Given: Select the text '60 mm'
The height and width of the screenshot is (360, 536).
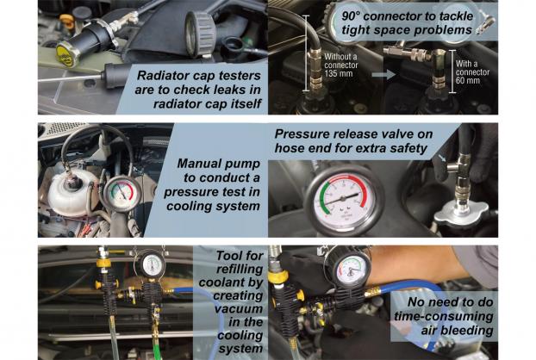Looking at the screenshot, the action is [x=468, y=81].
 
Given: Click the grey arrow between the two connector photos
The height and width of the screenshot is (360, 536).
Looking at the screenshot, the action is [x=383, y=74].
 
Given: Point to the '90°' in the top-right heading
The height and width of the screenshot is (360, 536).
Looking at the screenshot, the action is [x=352, y=16].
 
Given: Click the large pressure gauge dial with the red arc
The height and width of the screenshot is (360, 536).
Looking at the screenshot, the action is [x=344, y=201].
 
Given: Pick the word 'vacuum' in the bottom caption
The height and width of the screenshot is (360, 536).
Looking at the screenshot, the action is [x=239, y=308].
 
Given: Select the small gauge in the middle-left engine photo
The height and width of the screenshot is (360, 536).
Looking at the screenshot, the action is [x=122, y=194].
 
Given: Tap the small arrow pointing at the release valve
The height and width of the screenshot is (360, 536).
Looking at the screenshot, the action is [x=443, y=158].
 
